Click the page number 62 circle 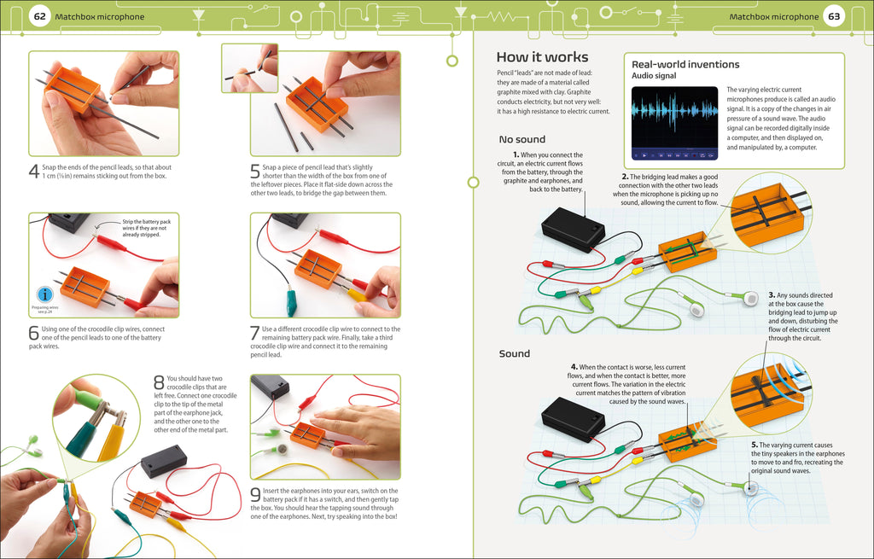click(x=38, y=17)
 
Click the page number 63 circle click(x=834, y=17)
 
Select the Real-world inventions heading click(x=685, y=65)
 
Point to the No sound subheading click(x=521, y=139)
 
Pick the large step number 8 click(x=158, y=383)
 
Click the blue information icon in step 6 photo click(x=41, y=294)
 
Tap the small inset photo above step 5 click(x=249, y=67)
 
